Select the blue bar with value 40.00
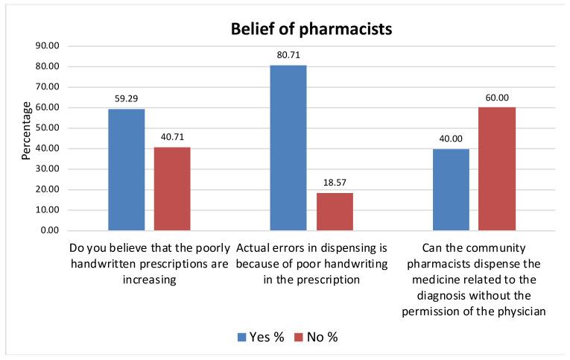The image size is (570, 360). [451, 189]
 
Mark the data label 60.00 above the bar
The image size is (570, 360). [497, 97]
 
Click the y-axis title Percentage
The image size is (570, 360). [26, 131]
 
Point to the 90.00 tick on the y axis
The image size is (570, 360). [47, 46]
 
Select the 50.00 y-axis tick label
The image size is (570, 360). [47, 128]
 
